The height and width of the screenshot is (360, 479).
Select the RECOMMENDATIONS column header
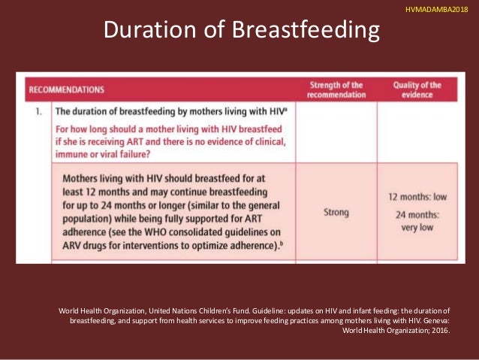[x=66, y=90]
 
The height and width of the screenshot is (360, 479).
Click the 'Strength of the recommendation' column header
[x=337, y=89]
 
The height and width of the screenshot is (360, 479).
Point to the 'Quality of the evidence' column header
[x=417, y=89]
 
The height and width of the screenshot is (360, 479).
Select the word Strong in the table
[x=336, y=213]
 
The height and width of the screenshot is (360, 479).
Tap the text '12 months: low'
[x=417, y=197]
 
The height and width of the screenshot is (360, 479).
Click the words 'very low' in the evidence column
[x=417, y=227]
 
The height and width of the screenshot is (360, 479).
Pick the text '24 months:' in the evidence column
[x=417, y=214]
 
